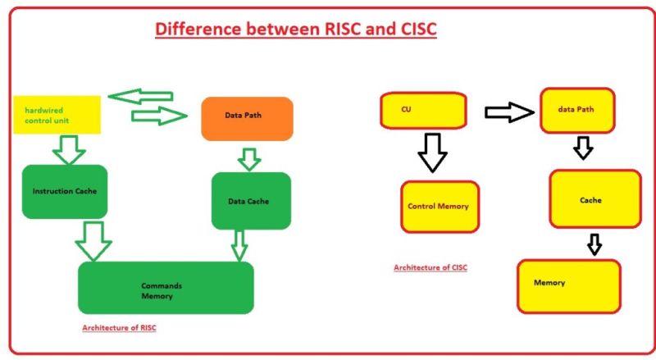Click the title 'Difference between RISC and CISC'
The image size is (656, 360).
296,30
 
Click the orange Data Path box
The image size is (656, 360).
247,117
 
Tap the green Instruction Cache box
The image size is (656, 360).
65,191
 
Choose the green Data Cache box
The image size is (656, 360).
251,200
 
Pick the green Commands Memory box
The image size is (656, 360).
166,289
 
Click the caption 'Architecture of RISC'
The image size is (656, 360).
119,328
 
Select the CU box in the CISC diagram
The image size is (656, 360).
423,110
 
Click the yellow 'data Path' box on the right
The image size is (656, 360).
578,110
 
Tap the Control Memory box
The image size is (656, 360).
439,207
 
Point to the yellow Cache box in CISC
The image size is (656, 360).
594,199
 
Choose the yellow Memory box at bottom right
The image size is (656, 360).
568,285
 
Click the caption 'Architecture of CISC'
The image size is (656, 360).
430,267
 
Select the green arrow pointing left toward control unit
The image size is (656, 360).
140,97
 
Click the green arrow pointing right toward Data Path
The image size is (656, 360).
159,116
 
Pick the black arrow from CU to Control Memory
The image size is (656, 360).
431,152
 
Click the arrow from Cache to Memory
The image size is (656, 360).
594,244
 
